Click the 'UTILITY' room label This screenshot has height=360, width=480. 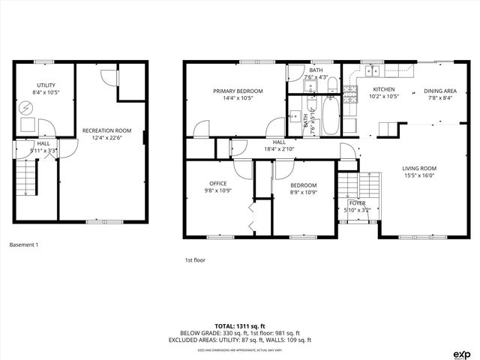[x=46, y=85]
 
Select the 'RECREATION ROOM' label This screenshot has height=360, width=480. [x=106, y=130]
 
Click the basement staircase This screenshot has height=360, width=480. [x=26, y=180]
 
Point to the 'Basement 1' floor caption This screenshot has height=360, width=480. [x=23, y=244]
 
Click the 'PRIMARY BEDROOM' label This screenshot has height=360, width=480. [x=232, y=91]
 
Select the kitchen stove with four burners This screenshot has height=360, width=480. [x=349, y=92]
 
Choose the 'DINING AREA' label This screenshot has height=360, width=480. [x=440, y=90]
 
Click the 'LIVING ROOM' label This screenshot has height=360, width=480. [x=419, y=169]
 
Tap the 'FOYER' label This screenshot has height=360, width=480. [x=358, y=203]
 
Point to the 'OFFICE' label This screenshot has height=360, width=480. [x=218, y=183]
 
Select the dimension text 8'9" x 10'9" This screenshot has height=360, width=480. [x=303, y=192]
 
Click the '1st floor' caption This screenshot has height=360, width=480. [x=194, y=260]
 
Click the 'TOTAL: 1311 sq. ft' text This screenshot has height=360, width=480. [x=240, y=326]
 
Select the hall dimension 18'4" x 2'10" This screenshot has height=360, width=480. [x=279, y=148]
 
